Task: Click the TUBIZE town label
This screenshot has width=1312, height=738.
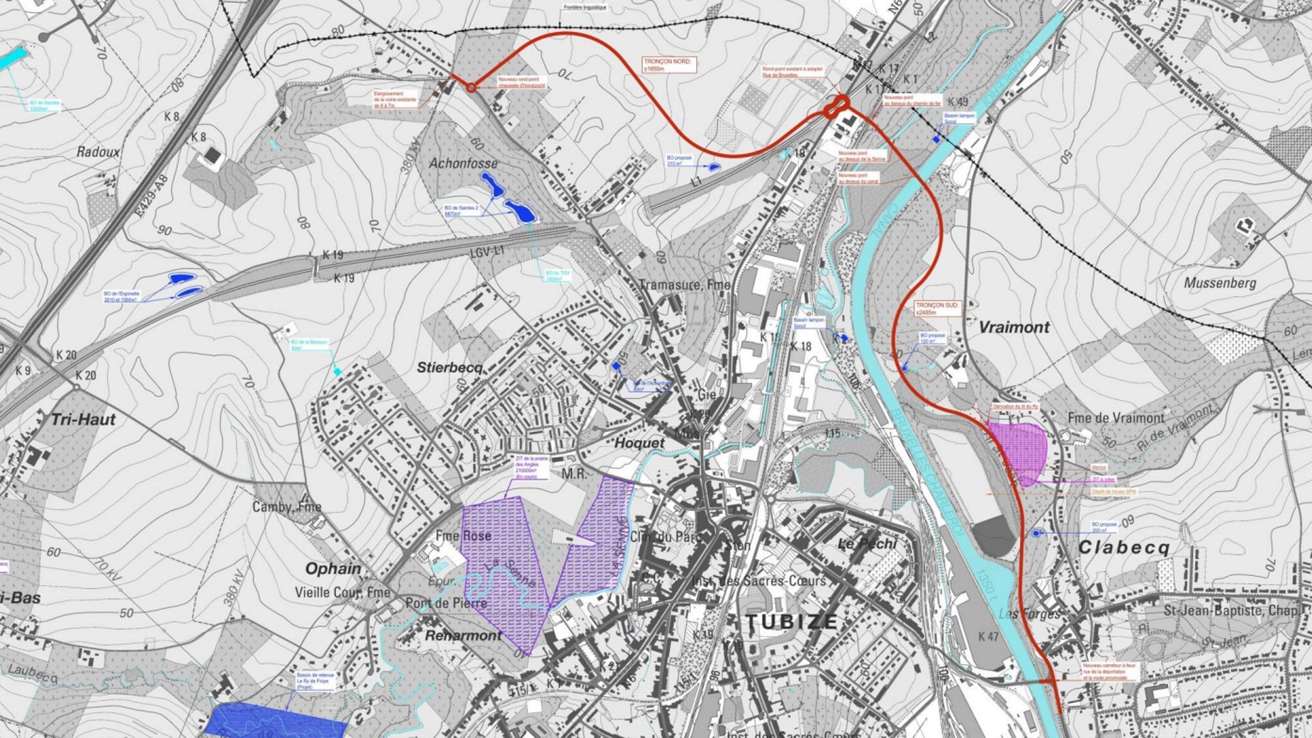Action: point(791,622)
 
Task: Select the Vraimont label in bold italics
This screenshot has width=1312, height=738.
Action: point(1014,327)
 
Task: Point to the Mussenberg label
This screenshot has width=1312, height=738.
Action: point(1220,283)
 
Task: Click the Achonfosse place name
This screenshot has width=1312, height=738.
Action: point(463,163)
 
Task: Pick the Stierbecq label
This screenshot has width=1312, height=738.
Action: point(450,368)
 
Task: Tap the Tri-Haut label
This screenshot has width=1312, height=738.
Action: point(84,419)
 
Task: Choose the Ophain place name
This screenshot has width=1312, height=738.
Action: point(333,569)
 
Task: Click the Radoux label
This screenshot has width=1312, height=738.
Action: point(98,152)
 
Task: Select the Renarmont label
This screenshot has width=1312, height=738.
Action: point(463,635)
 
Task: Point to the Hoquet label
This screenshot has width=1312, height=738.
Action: point(639,443)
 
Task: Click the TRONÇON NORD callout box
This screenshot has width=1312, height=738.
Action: point(669,65)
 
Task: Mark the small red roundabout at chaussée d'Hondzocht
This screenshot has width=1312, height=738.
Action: point(471,87)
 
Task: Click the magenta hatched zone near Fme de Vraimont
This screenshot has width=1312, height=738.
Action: point(1018,451)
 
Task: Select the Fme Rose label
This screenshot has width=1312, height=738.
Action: point(463,536)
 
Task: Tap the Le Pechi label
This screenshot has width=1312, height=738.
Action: point(867,544)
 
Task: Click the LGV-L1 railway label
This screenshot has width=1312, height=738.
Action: point(487,253)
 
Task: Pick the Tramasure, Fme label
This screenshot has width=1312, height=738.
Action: point(684,284)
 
